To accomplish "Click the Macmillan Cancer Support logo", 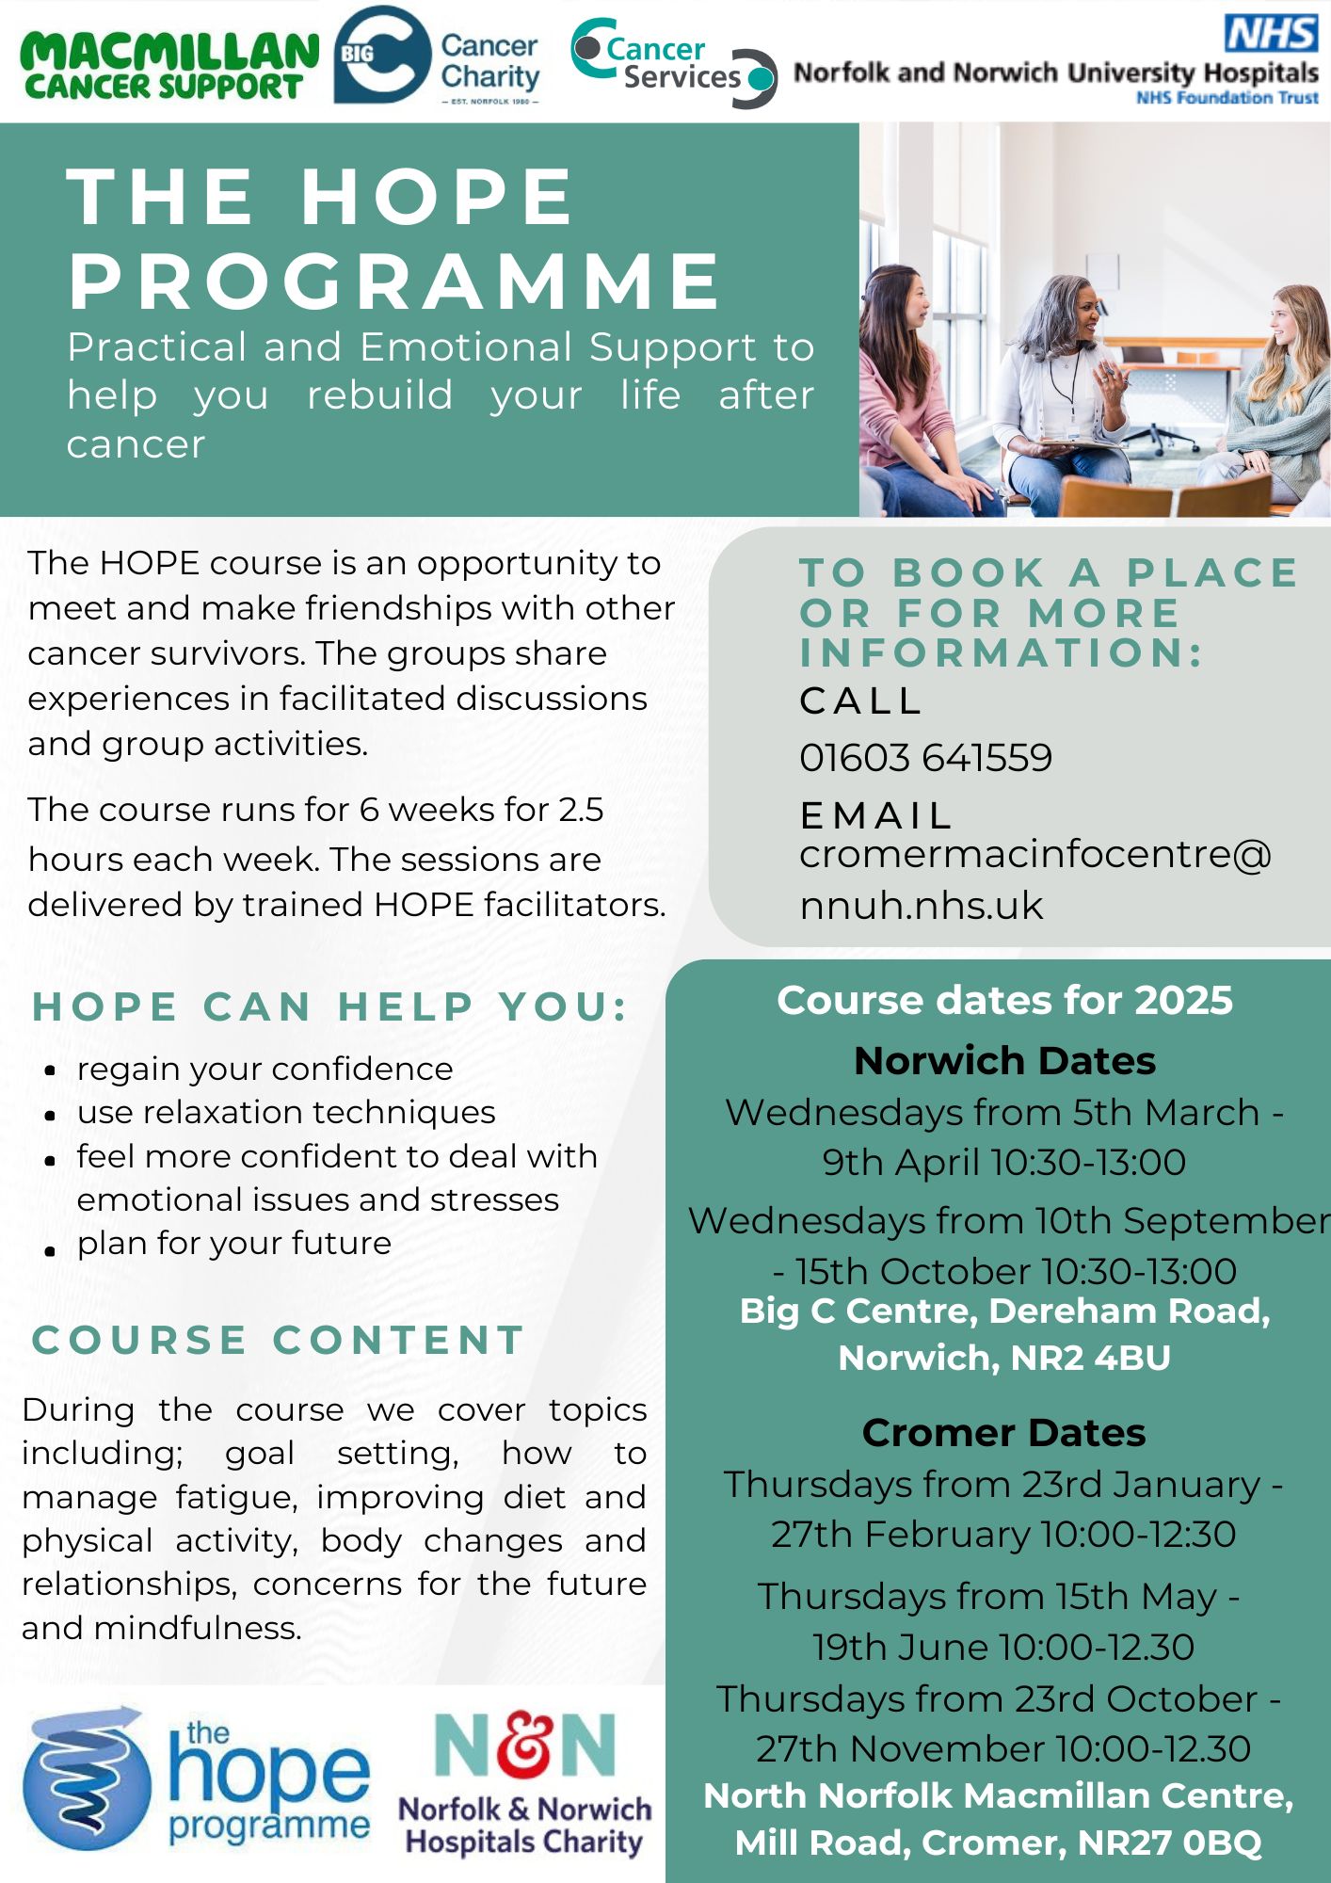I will (x=169, y=64).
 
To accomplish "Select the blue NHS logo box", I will (x=1270, y=33).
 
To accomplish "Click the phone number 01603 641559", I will (x=925, y=758).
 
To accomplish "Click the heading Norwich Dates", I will (x=1004, y=1061).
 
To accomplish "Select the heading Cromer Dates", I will (x=1003, y=1433).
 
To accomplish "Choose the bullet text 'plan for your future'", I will (x=233, y=1244).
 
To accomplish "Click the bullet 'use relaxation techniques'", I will (x=286, y=1113).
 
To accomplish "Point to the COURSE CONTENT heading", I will (x=279, y=1340).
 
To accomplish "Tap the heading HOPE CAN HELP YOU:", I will (x=330, y=1006).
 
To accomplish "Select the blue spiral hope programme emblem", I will (x=86, y=1778).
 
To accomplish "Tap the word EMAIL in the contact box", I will (x=876, y=815).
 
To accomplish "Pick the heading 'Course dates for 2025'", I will (x=1004, y=1001).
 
